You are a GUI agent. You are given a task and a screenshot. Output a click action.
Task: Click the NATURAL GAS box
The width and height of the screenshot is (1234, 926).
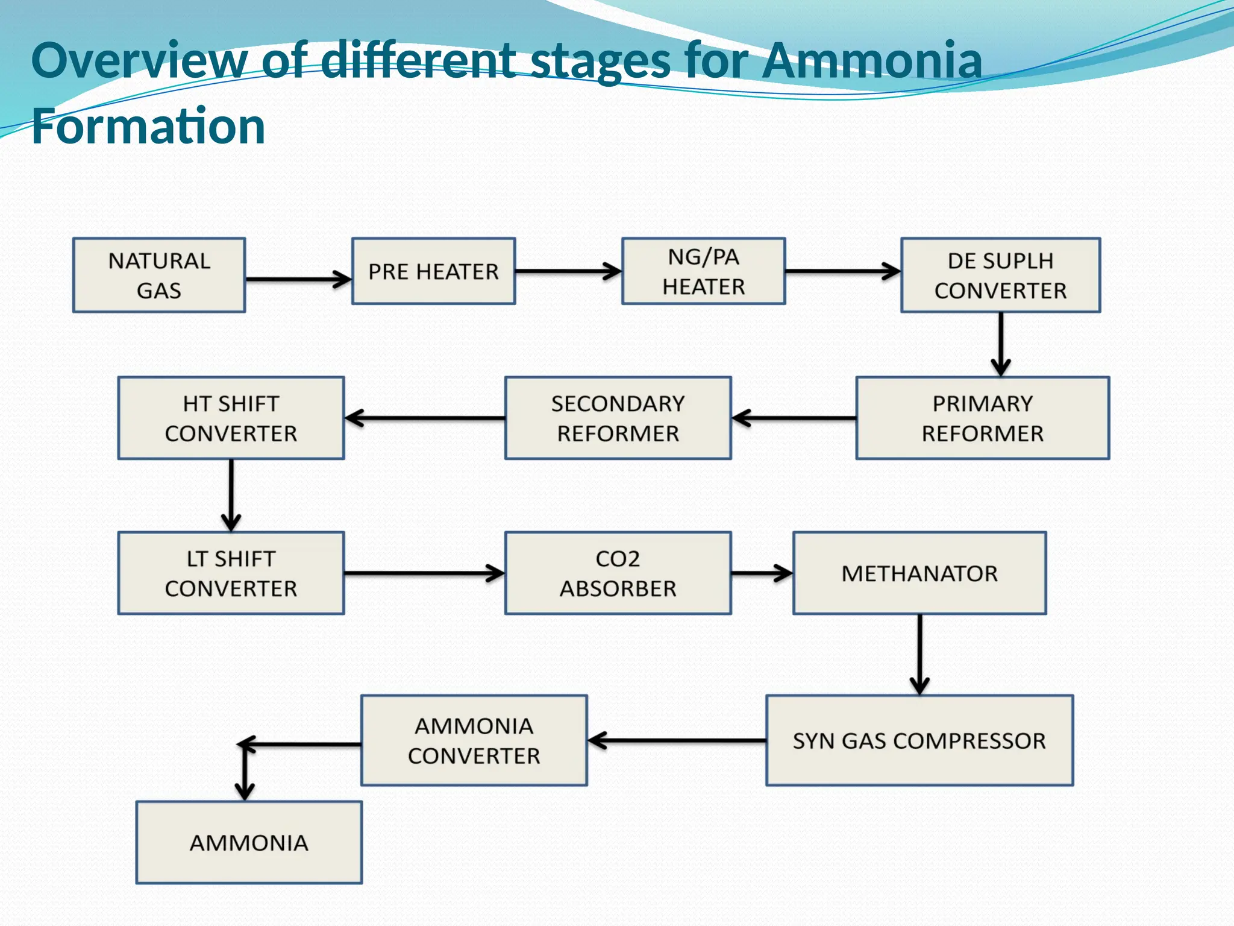click(159, 275)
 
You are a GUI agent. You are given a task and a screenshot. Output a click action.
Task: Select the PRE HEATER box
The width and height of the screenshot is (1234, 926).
click(433, 271)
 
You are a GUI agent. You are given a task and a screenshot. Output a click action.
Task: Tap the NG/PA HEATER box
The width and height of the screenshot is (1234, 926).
click(703, 271)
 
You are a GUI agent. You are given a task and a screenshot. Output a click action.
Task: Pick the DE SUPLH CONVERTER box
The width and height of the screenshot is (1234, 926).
click(1000, 275)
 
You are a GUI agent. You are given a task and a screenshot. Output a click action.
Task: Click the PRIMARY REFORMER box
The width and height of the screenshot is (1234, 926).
click(982, 418)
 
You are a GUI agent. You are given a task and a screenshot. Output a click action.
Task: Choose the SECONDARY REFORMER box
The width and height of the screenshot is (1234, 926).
click(618, 418)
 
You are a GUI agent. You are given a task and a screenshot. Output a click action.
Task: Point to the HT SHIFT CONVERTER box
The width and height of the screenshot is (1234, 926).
click(231, 418)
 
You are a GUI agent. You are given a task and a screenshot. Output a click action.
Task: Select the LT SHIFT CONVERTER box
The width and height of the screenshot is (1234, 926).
click(231, 573)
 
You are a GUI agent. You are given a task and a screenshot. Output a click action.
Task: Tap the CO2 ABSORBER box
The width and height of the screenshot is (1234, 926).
click(618, 573)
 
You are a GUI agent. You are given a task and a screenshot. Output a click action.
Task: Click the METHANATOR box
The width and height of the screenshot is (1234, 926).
click(919, 573)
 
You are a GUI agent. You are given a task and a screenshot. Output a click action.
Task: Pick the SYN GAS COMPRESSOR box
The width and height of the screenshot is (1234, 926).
click(919, 740)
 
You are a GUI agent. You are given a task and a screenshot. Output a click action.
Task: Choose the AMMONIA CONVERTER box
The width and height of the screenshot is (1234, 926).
click(474, 740)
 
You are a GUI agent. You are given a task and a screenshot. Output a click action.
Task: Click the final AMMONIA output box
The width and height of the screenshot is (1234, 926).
click(249, 842)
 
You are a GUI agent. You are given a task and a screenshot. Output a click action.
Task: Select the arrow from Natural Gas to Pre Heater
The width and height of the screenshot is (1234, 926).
click(298, 279)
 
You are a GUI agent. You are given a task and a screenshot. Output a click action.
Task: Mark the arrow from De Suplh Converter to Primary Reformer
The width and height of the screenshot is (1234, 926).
click(1000, 344)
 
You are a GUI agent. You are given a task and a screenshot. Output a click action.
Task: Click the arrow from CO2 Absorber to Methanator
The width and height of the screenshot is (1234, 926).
click(762, 573)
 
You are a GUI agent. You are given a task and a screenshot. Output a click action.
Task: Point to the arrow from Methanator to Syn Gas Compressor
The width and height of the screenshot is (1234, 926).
click(919, 654)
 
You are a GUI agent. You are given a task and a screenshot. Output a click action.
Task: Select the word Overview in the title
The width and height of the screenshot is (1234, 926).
click(139, 60)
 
